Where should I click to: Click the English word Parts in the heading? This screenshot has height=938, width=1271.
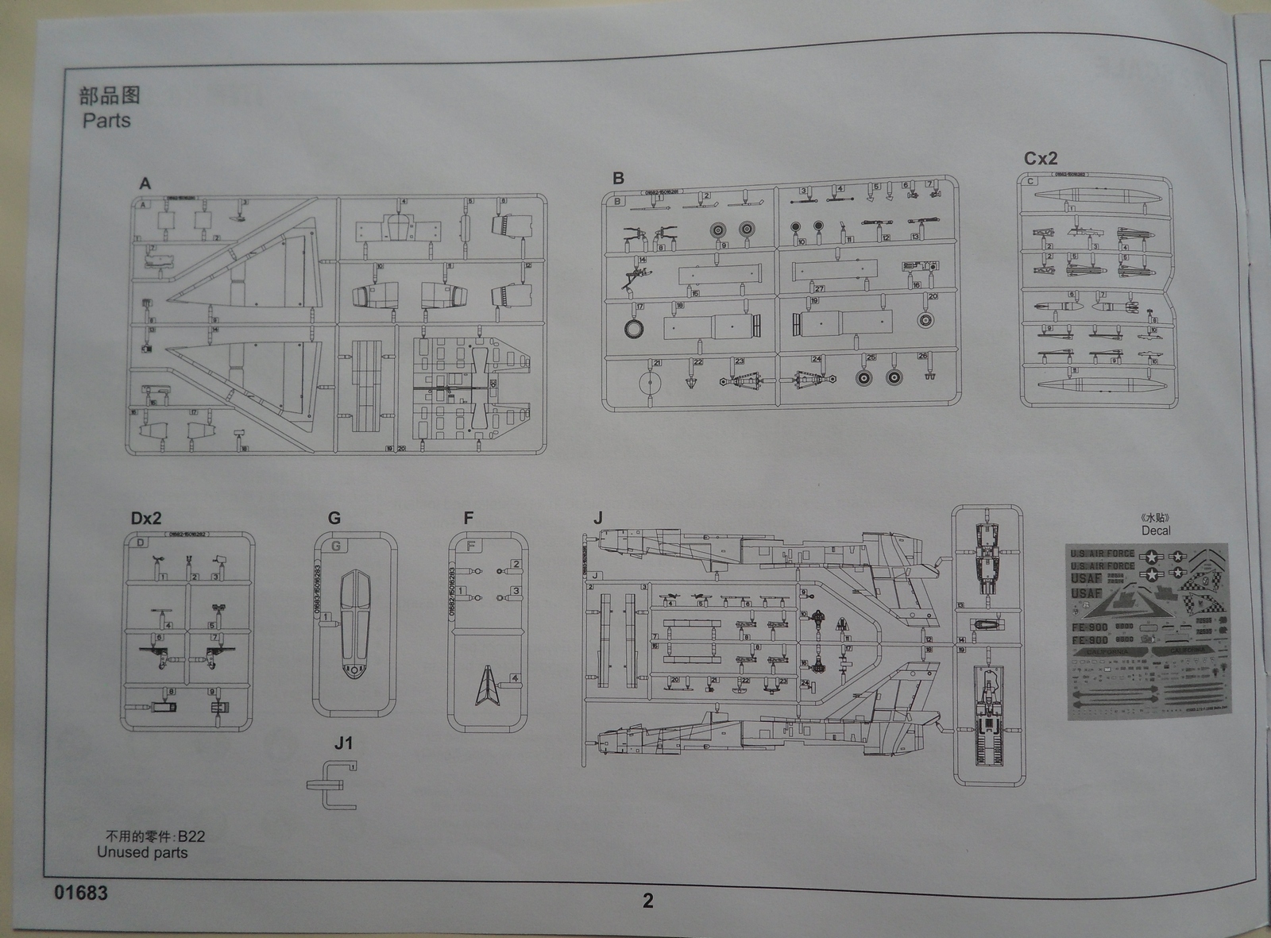pyautogui.click(x=106, y=121)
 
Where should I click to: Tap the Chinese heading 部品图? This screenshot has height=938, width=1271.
pyautogui.click(x=110, y=95)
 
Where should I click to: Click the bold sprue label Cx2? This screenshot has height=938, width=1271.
pyautogui.click(x=1041, y=158)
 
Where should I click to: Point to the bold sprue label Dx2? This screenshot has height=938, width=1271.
pyautogui.click(x=146, y=518)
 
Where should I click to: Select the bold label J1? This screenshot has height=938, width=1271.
pyautogui.click(x=343, y=743)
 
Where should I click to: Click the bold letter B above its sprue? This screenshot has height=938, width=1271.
pyautogui.click(x=618, y=179)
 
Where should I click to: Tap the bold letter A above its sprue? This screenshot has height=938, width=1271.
pyautogui.click(x=145, y=183)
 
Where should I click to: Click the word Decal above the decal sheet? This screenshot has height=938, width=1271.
pyautogui.click(x=1156, y=531)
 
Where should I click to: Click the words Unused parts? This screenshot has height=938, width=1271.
pyautogui.click(x=142, y=852)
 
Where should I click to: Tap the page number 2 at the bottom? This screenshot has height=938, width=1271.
pyautogui.click(x=648, y=900)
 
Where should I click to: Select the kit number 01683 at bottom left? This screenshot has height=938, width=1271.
pyautogui.click(x=81, y=893)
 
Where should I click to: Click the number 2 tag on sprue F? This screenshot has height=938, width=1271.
pyautogui.click(x=516, y=565)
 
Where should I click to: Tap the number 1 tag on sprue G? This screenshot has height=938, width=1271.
pyautogui.click(x=327, y=616)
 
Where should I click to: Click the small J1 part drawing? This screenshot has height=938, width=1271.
pyautogui.click(x=334, y=786)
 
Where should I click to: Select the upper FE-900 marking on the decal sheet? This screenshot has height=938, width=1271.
pyautogui.click(x=1089, y=627)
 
